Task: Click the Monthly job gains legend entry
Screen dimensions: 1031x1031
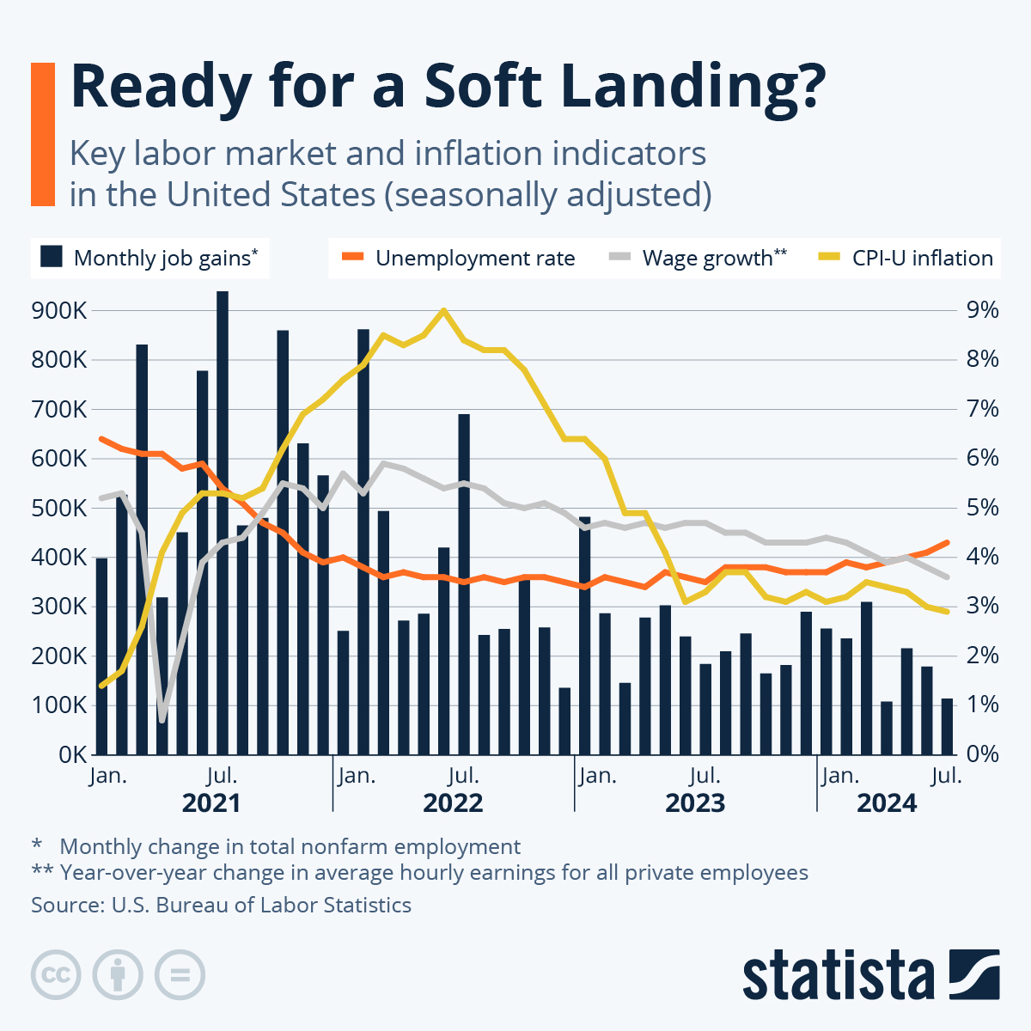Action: [x=150, y=258]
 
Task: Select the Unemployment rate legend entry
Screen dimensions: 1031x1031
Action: [x=459, y=258]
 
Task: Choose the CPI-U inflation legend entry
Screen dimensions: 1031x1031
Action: [x=906, y=258]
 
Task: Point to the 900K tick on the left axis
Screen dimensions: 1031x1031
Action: [x=58, y=310]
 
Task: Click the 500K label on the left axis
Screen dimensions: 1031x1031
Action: [x=58, y=508]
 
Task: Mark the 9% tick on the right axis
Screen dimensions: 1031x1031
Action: [x=983, y=310]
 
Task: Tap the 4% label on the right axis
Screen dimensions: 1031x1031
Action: [x=983, y=557]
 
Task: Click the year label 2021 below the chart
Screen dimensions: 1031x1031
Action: [x=211, y=803]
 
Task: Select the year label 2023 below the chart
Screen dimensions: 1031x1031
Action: [x=695, y=803]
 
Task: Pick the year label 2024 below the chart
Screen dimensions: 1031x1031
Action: [x=887, y=803]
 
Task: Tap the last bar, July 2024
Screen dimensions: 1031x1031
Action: [x=948, y=726]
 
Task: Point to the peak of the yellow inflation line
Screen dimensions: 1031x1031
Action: [x=443, y=310]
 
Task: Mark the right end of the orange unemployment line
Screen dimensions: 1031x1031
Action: [x=947, y=542]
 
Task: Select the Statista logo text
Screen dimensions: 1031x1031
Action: [x=838, y=975]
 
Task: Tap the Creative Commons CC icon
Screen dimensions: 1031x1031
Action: [x=56, y=975]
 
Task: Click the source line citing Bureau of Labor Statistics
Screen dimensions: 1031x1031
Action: [x=221, y=905]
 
